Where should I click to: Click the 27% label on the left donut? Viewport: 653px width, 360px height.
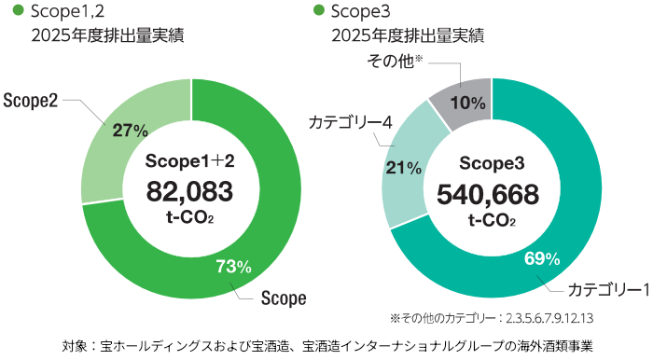click(x=131, y=131)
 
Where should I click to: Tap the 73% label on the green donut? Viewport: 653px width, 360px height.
click(x=233, y=267)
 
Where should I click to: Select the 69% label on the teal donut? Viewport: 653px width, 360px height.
click(x=542, y=259)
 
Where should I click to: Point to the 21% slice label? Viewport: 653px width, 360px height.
click(x=404, y=168)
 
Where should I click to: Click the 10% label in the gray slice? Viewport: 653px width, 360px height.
click(x=467, y=103)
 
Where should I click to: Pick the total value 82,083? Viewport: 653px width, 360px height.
click(x=189, y=191)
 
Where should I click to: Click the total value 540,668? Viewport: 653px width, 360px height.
click(x=488, y=195)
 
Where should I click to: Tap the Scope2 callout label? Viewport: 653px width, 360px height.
click(x=31, y=101)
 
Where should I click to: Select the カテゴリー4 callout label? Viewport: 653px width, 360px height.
click(x=350, y=122)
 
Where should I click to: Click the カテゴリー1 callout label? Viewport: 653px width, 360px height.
click(x=608, y=290)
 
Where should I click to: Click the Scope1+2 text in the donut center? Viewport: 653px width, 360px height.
click(x=190, y=161)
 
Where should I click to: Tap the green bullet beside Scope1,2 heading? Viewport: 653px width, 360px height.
click(x=19, y=9)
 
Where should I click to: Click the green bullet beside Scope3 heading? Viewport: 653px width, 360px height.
click(x=319, y=9)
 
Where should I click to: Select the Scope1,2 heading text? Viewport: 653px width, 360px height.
click(x=67, y=11)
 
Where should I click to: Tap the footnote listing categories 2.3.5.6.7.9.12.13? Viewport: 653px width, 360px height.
click(x=492, y=318)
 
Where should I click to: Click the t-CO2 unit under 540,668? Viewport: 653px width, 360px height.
click(x=492, y=220)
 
